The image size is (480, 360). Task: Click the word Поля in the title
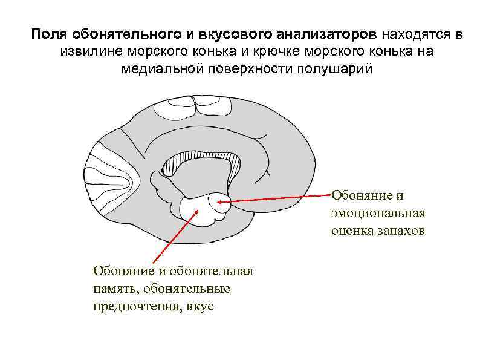(47, 34)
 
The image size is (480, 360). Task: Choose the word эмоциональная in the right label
(378, 213)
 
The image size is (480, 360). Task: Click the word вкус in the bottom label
(201, 306)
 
